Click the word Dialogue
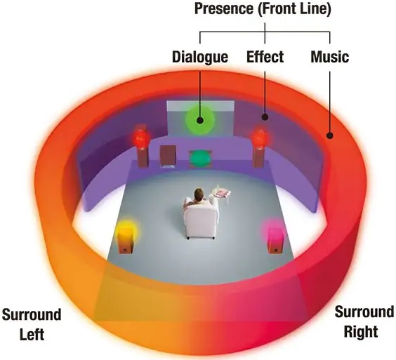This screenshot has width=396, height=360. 200,57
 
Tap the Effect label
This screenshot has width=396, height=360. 265,57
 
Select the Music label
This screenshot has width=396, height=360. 330,57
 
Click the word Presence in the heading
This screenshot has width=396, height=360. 224,8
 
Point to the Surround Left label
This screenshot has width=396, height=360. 32,324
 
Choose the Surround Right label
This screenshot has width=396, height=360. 364,321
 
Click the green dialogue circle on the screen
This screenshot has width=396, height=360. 200,120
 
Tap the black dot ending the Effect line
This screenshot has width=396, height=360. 265,117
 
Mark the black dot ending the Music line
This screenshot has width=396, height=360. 329,135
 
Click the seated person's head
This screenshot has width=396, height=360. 199,194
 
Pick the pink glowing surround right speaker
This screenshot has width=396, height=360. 275,237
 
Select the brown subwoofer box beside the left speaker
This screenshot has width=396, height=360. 168,156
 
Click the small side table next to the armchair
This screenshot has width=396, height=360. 223,196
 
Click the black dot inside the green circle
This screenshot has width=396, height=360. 200,120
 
